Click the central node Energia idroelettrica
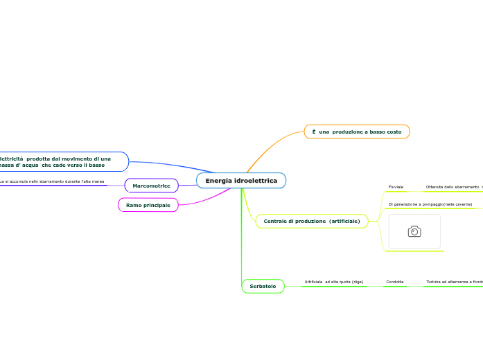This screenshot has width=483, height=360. [241, 181]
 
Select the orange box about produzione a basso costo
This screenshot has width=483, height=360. [357, 132]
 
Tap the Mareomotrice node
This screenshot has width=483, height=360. [151, 186]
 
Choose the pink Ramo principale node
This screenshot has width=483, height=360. [148, 205]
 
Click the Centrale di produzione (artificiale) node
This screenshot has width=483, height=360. [312, 221]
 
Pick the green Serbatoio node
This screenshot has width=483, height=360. [263, 286]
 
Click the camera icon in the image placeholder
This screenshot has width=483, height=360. [414, 231]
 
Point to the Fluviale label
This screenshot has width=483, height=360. [396, 187]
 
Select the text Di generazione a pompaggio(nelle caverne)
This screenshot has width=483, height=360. [430, 204]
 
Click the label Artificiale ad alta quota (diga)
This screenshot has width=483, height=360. [333, 282]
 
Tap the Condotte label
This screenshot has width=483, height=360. [395, 282]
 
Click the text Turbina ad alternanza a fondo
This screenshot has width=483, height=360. [454, 282]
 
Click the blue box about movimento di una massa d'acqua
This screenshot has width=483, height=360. [62, 162]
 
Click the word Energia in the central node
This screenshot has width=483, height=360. [219, 181]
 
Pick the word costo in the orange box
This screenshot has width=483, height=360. [393, 132]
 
